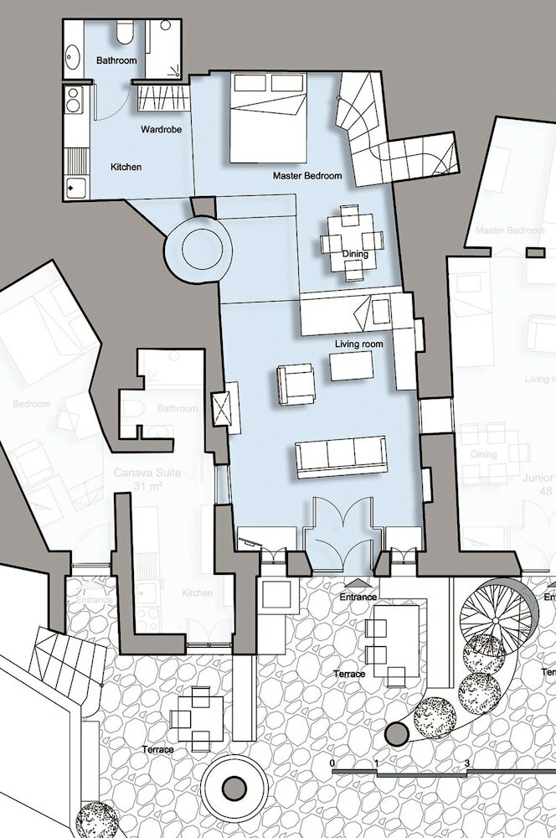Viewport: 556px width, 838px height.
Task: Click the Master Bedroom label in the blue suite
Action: point(307,176)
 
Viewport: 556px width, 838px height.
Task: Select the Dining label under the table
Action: point(356,252)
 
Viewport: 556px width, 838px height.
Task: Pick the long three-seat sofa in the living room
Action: point(340,457)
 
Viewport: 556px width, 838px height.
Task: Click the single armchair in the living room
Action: point(295,383)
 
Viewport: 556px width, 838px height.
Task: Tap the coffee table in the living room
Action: point(352,365)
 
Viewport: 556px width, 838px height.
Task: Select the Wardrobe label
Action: point(157,131)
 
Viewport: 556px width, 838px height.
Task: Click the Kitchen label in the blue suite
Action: point(126,167)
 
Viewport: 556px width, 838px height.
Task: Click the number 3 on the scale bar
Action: point(466,764)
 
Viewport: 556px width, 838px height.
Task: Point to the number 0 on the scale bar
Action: point(333,764)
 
